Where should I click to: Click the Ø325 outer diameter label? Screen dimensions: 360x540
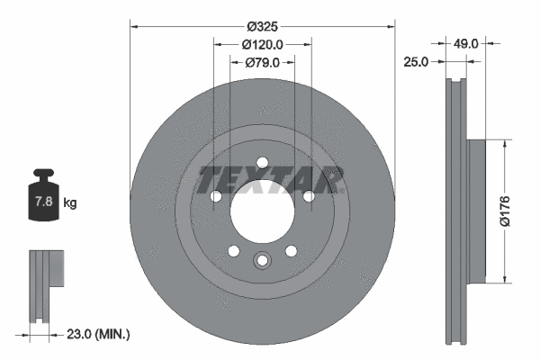click(262, 28)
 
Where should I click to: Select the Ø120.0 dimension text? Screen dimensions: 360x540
click(262, 45)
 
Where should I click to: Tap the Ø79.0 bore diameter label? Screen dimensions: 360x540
click(262, 62)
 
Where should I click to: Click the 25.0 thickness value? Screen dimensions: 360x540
click(416, 61)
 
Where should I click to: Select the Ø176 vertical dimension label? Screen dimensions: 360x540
click(506, 211)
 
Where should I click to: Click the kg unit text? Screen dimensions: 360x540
click(70, 203)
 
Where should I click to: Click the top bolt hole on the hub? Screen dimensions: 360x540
click(262, 164)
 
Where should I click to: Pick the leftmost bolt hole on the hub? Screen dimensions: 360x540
click(216, 197)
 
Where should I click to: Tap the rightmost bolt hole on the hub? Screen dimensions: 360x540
click(308, 197)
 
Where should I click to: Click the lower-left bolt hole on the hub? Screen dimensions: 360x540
click(233, 251)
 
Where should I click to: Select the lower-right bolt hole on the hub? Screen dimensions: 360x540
click(291, 251)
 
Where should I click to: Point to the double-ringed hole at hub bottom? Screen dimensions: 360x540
click(262, 261)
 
